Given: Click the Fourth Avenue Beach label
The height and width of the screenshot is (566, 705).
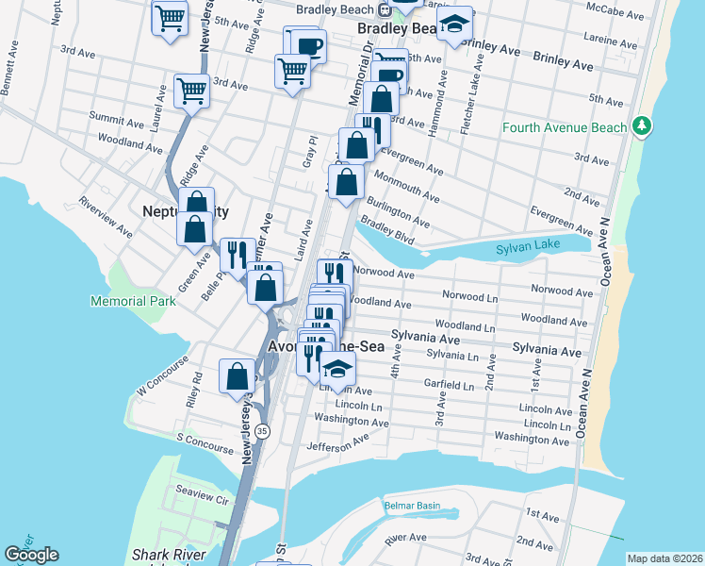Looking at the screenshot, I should (564, 127).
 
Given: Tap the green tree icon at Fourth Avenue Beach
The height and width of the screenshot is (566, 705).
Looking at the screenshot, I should (642, 125).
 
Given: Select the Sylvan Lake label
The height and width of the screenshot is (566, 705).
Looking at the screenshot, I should (528, 248).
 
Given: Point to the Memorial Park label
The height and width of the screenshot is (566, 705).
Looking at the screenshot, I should (133, 301).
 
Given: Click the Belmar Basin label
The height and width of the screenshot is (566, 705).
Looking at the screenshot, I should (412, 506).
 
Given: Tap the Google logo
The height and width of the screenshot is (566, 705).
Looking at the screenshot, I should (31, 555).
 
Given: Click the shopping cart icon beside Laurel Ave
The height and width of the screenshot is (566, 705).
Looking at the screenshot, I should (191, 92).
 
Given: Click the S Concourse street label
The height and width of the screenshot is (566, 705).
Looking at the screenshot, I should (204, 440).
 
